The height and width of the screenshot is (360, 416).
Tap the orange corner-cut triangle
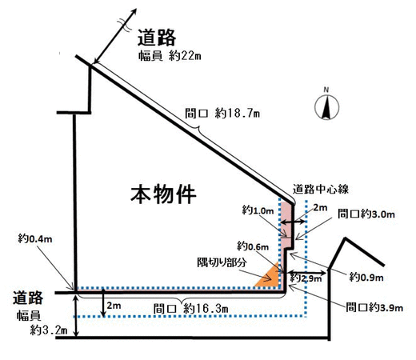tap(268, 277)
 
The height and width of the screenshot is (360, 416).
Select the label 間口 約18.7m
tap(222, 114)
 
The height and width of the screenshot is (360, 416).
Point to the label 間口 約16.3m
tap(190, 309)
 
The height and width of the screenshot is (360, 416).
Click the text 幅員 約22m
tap(170, 56)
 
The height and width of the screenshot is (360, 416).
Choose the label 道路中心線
tap(321, 189)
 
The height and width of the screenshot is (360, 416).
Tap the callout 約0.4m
tap(35, 238)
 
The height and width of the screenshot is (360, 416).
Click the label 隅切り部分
tap(222, 262)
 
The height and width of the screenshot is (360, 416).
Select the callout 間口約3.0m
tap(366, 214)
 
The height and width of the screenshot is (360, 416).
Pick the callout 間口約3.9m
tap(374, 307)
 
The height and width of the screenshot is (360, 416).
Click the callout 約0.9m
tap(366, 278)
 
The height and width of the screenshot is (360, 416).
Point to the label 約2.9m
tap(306, 278)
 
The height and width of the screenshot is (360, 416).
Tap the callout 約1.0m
tap(258, 210)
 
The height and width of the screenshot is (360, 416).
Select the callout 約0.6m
tap(253, 246)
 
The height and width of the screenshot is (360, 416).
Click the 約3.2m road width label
tap(49, 330)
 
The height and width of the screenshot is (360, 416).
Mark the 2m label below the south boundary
tap(114, 306)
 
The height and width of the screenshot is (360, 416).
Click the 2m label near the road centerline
tap(320, 208)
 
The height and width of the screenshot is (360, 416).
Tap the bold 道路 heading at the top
tap(157, 38)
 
